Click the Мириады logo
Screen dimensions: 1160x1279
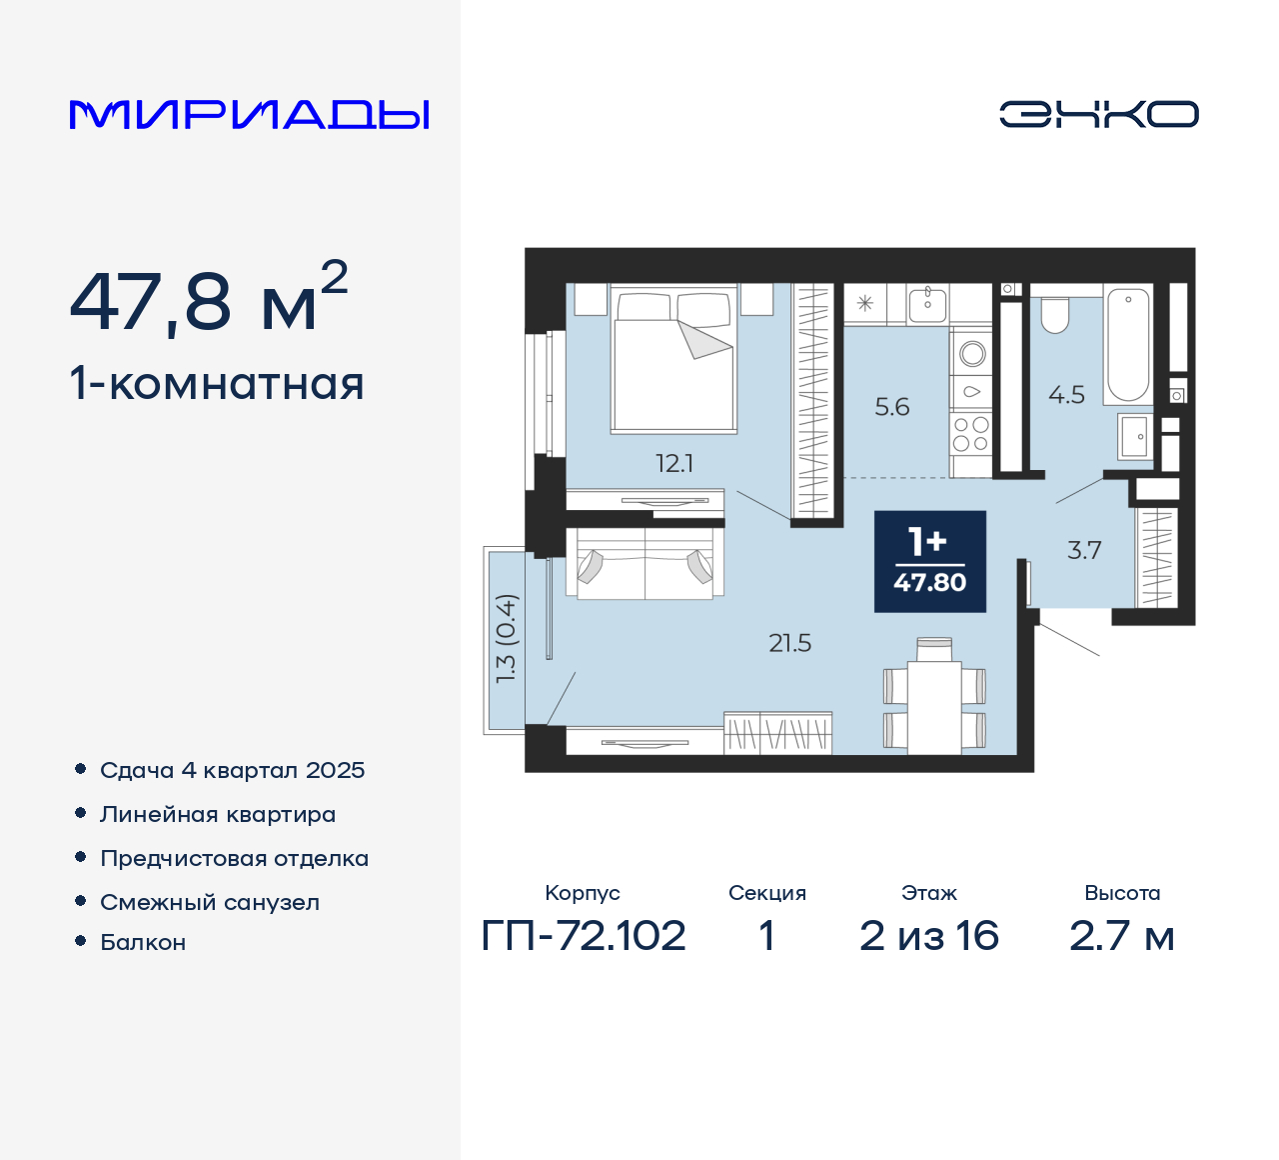point(250,115)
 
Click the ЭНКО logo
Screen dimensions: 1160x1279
point(1098,114)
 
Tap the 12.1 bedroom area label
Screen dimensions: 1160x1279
point(674,464)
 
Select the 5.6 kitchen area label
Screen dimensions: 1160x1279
point(892,407)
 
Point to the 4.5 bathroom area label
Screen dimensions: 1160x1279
point(1066,395)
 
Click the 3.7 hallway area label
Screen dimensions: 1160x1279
point(1084,550)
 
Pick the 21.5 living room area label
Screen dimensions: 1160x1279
point(789,644)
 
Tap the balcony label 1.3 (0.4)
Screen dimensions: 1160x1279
point(507,639)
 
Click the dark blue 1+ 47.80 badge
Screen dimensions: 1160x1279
point(930,561)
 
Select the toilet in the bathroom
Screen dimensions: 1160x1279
point(1055,314)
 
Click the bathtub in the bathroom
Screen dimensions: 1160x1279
point(1128,345)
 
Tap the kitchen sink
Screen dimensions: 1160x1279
point(928,302)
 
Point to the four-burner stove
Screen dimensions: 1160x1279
point(970,434)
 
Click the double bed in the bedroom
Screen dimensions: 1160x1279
point(673,361)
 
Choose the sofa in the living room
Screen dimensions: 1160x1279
point(644,565)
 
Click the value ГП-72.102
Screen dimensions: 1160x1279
point(584,936)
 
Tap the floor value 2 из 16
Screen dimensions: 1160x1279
point(929,936)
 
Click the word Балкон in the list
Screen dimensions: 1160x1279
point(143,943)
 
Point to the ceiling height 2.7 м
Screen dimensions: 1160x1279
point(1122,936)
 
